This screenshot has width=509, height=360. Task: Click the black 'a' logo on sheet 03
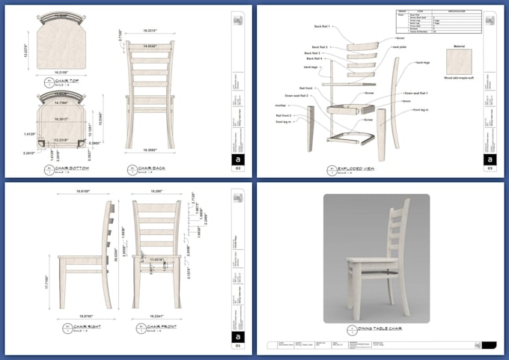tap(490, 159)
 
